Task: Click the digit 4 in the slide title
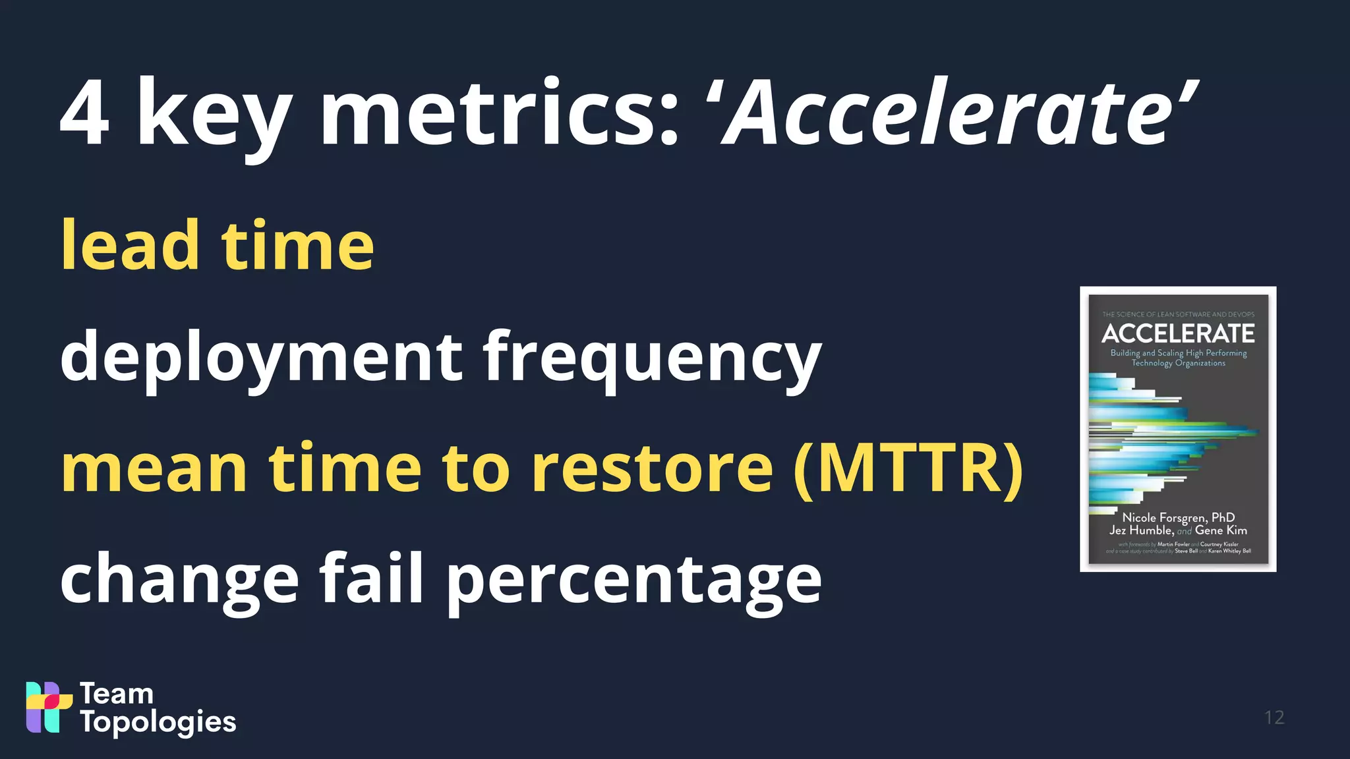84,113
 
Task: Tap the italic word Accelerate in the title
953,113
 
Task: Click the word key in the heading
214,119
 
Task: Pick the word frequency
652,359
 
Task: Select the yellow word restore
652,468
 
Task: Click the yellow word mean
154,468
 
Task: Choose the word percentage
633,581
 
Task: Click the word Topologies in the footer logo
158,723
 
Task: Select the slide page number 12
1274,717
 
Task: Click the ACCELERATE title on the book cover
1178,333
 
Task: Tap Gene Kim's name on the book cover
1221,530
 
